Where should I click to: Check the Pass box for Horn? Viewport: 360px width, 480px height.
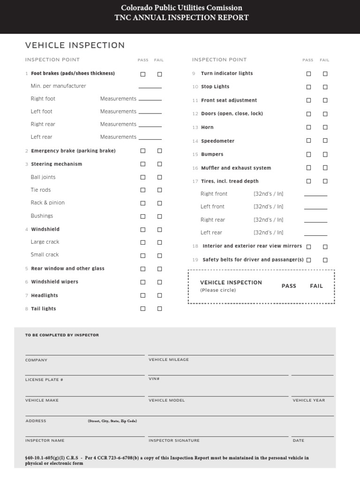[308, 127]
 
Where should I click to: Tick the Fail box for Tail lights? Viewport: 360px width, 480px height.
[159, 308]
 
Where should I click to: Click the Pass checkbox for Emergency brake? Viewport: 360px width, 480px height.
[143, 150]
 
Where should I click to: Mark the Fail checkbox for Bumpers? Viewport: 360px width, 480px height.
[325, 154]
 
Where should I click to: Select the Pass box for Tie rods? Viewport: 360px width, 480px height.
[143, 190]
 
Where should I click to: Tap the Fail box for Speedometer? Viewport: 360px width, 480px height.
[325, 141]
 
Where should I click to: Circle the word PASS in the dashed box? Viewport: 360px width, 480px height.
[289, 286]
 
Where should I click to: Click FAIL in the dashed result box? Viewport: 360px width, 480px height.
[316, 286]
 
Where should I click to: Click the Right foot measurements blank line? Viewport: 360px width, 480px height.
[150, 100]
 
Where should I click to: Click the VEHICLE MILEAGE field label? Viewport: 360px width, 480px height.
[169, 360]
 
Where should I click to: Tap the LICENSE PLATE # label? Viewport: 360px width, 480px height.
[44, 380]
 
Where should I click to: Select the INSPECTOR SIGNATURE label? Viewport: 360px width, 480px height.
[174, 441]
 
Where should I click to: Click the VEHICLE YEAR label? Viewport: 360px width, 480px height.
[308, 400]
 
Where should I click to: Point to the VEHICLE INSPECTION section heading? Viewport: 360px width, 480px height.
[75, 45]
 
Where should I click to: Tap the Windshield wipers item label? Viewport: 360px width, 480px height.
[54, 282]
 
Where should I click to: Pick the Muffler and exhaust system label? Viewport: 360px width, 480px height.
[236, 168]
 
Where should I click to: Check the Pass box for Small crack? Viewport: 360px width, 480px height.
[143, 255]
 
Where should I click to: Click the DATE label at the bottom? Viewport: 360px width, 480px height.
[298, 441]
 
